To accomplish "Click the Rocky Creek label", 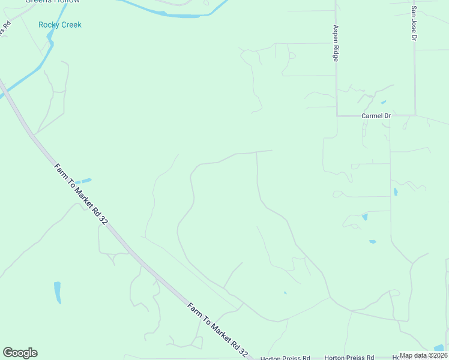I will [x=59, y=25].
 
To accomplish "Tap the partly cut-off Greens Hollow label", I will [x=52, y=2].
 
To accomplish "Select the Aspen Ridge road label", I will [x=336, y=43].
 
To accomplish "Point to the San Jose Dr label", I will [x=414, y=24].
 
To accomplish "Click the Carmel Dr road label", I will [x=376, y=115].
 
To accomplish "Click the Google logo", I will [x=20, y=353].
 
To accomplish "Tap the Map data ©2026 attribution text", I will [x=423, y=355].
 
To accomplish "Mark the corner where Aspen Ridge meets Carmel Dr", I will [x=337, y=115].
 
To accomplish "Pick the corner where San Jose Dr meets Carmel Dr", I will [x=415, y=115].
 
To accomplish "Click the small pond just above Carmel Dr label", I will [x=383, y=103].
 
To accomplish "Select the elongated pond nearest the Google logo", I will [x=58, y=292].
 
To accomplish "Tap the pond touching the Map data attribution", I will [x=439, y=347].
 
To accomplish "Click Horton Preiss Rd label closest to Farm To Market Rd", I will [x=285, y=358].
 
